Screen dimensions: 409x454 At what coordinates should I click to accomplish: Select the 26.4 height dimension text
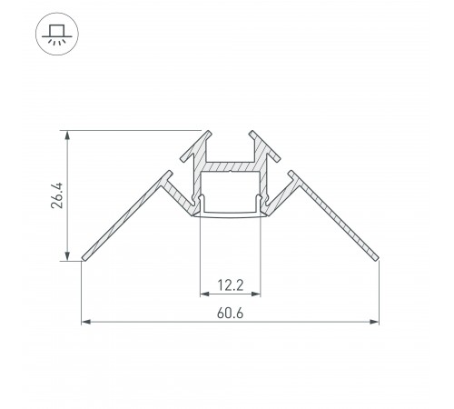click(56, 195)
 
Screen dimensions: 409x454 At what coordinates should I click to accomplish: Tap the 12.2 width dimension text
click(230, 284)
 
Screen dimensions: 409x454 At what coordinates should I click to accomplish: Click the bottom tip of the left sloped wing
click(84, 258)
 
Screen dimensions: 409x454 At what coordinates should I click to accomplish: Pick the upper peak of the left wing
click(168, 173)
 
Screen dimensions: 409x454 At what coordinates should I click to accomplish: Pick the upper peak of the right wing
click(291, 173)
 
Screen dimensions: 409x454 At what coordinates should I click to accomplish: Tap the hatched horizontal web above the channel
click(230, 167)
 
